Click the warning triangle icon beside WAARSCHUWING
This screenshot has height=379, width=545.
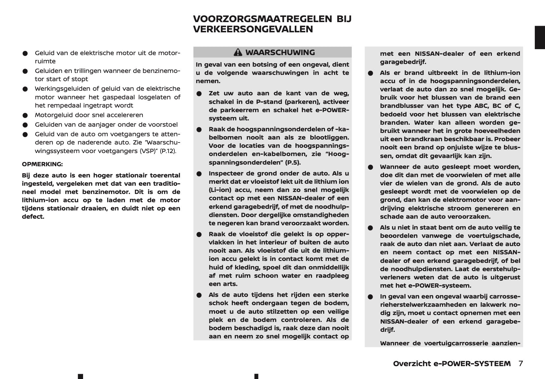(238, 52)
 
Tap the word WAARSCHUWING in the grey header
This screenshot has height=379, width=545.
(280, 52)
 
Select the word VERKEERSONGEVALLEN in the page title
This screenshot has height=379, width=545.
(253, 29)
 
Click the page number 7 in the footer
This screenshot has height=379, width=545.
(521, 363)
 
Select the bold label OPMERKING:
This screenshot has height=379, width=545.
(42, 164)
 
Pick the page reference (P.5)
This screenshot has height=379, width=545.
(293, 162)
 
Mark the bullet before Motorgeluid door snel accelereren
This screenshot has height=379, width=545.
(25, 115)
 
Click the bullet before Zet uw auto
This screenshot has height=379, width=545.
(199, 94)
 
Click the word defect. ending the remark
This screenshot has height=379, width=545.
(33, 217)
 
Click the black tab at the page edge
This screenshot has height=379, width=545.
(540, 37)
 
